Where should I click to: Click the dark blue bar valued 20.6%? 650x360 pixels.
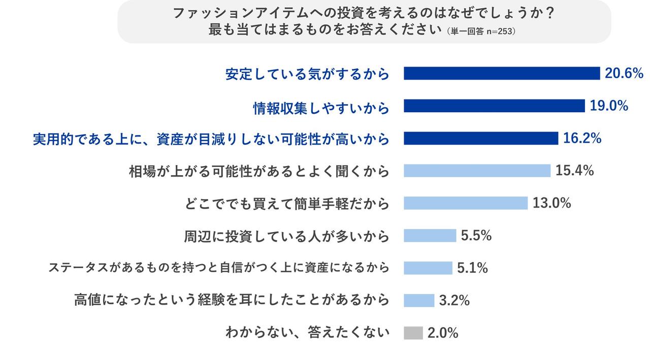pyautogui.click(x=502, y=74)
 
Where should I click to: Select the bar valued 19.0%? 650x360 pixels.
pyautogui.click(x=494, y=106)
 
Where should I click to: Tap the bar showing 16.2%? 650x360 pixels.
pyautogui.click(x=481, y=138)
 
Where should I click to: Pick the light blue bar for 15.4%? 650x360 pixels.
pyautogui.click(x=477, y=171)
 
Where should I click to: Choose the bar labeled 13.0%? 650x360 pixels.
pyautogui.click(x=466, y=203)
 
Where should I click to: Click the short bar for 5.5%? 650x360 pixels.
pyautogui.click(x=430, y=236)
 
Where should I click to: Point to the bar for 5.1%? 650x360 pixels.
pyautogui.click(x=428, y=268)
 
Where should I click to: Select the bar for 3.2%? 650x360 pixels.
pyautogui.click(x=419, y=301)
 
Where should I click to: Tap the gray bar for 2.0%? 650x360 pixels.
pyautogui.click(x=413, y=333)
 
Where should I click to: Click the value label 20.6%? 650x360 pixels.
pyautogui.click(x=624, y=74)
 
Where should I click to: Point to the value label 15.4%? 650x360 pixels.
pyautogui.click(x=575, y=171)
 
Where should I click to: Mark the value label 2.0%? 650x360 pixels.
pyautogui.click(x=443, y=333)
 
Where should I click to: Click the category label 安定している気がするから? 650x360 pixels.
pyautogui.click(x=307, y=75)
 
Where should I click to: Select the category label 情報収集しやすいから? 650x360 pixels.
pyautogui.click(x=321, y=107)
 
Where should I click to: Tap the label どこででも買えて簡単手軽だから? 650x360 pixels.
pyautogui.click(x=287, y=204)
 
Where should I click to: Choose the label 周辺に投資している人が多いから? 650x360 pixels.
pyautogui.click(x=286, y=237)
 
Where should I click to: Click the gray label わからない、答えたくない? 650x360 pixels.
pyautogui.click(x=307, y=333)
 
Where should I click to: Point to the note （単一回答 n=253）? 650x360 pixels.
pyautogui.click(x=481, y=31)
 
